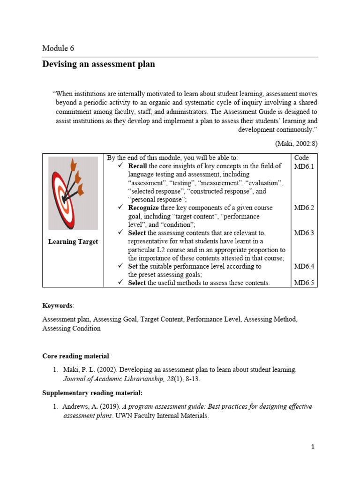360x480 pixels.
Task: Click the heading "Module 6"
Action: [58, 48]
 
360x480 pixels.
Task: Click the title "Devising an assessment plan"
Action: [98, 64]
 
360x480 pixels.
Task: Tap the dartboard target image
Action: [73, 193]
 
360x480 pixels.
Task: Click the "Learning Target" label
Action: [73, 241]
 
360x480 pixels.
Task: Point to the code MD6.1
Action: [304, 166]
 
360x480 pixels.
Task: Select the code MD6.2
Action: [304, 208]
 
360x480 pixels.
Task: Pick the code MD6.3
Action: [304, 233]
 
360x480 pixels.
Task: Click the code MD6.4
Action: [304, 266]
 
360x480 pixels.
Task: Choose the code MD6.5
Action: [304, 283]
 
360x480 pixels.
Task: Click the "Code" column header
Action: [301, 158]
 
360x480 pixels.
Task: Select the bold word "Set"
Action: [133, 266]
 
